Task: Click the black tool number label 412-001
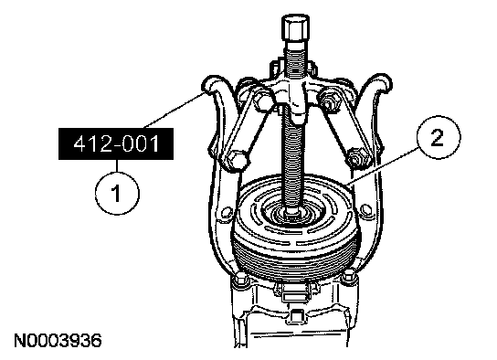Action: (x=116, y=143)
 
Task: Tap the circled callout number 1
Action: (x=117, y=193)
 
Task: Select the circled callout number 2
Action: (x=438, y=137)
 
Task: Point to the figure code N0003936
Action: (x=58, y=341)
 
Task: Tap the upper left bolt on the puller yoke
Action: (x=261, y=100)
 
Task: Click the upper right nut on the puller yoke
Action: (x=329, y=100)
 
